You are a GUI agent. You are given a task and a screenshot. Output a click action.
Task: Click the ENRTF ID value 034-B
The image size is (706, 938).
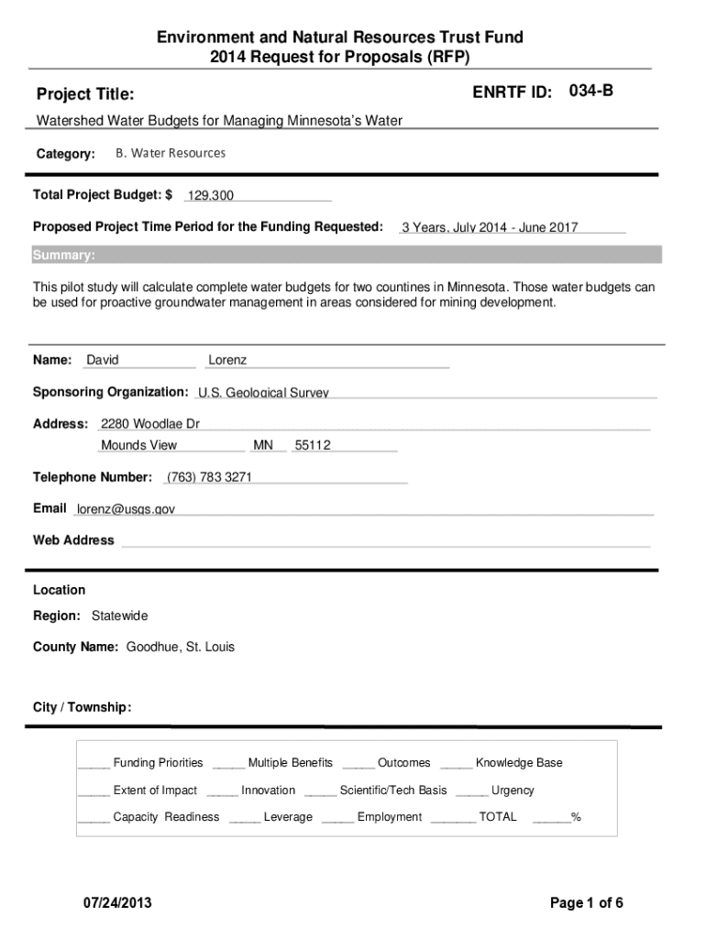591,92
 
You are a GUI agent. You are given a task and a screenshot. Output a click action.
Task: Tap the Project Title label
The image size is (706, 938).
85,94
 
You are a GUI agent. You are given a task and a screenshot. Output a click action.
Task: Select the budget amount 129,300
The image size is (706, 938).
211,196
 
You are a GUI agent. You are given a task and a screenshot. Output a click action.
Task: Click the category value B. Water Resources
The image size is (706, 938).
170,153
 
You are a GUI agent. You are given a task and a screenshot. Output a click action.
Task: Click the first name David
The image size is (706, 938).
103,360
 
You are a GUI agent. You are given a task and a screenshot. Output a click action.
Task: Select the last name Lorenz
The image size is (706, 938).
227,360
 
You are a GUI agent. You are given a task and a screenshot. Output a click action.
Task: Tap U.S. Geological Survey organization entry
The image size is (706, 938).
263,393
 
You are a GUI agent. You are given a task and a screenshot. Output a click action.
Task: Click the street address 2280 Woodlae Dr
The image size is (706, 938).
150,424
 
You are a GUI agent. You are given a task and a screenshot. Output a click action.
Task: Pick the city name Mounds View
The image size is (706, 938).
139,445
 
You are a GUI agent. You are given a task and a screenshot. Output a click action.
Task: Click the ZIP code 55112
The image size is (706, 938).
313,445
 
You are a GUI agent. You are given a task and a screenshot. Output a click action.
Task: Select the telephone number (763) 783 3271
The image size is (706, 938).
209,477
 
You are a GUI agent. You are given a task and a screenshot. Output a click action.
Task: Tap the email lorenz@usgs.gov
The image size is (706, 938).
126,508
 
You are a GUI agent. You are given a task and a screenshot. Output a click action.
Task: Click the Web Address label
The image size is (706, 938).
73,540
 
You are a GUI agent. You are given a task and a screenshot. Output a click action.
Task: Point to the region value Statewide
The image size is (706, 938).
119,616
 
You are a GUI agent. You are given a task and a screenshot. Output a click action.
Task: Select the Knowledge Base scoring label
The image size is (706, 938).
519,763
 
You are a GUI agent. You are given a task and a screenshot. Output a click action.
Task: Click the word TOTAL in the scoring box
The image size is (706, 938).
498,816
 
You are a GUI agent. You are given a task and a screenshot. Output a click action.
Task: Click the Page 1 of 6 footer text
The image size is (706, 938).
587,903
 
